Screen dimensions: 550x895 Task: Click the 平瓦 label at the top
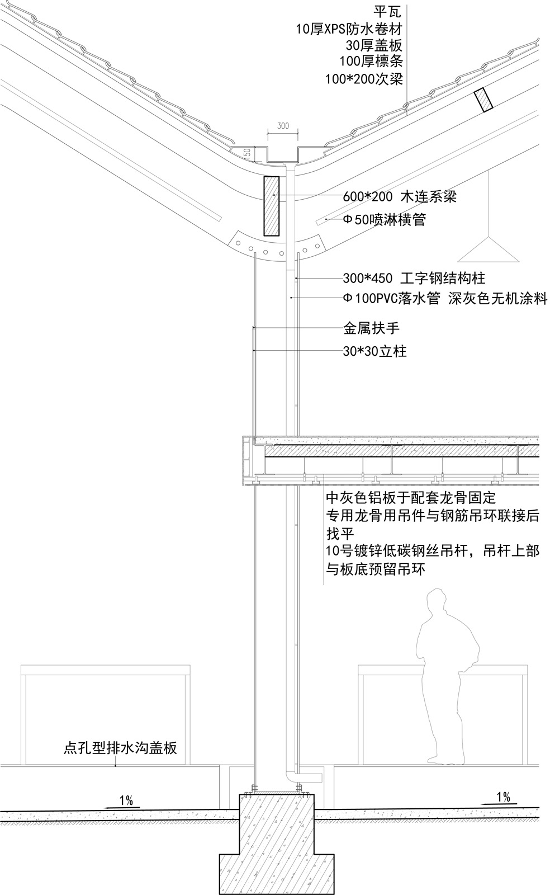[x=387, y=12]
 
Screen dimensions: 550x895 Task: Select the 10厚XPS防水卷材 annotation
[x=349, y=29]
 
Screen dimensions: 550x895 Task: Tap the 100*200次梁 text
[x=364, y=79]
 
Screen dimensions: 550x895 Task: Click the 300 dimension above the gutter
[x=283, y=126]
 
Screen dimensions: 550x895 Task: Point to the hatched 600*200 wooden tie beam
[x=271, y=205]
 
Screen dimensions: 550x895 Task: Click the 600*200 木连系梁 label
[x=399, y=196]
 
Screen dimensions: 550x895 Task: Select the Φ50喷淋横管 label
[x=385, y=219]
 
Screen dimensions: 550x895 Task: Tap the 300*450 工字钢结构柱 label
[x=414, y=278]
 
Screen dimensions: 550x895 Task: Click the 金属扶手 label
[x=371, y=328]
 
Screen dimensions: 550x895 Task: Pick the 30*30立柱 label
[x=374, y=351]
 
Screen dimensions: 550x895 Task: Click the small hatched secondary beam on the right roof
[x=483, y=100]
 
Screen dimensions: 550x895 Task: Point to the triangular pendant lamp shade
[x=489, y=250]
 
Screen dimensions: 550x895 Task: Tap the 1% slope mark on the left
[x=126, y=800]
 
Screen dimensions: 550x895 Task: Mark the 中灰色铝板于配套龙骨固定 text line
[x=411, y=498]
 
